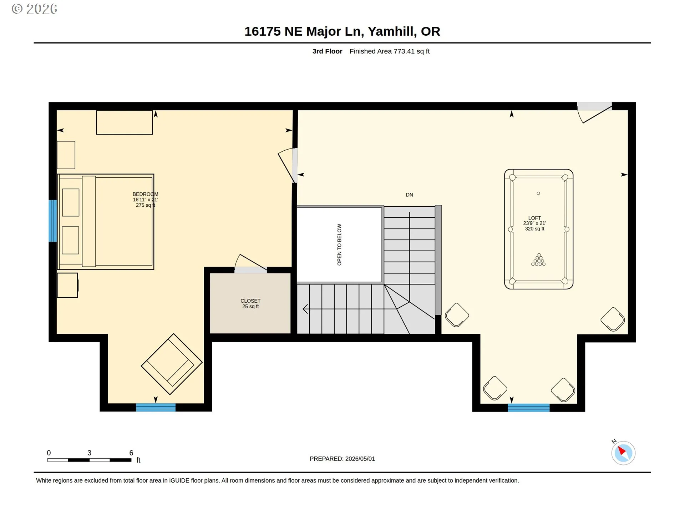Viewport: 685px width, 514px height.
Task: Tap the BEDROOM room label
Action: [x=145, y=194]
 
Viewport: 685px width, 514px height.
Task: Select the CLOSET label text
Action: [x=250, y=301]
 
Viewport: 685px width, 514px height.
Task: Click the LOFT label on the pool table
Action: [x=534, y=218]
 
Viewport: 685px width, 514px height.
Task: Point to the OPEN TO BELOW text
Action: [x=339, y=245]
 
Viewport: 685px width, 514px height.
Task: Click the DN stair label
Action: [x=410, y=195]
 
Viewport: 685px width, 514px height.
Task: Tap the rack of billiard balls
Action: [x=539, y=260]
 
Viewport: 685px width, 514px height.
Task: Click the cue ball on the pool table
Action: [x=538, y=193]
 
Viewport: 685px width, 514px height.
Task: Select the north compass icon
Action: [x=623, y=453]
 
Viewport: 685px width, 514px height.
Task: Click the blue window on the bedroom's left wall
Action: [x=53, y=221]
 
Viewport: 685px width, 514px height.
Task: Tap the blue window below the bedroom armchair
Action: [x=156, y=407]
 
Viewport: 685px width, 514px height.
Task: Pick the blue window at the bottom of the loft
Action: [x=529, y=408]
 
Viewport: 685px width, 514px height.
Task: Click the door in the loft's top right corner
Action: [x=594, y=112]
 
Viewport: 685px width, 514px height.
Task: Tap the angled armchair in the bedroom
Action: [x=172, y=364]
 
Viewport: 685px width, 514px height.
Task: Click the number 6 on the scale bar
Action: [x=131, y=453]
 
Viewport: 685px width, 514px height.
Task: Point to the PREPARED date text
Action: [x=342, y=459]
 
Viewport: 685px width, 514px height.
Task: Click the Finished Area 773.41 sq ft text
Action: [x=390, y=51]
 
